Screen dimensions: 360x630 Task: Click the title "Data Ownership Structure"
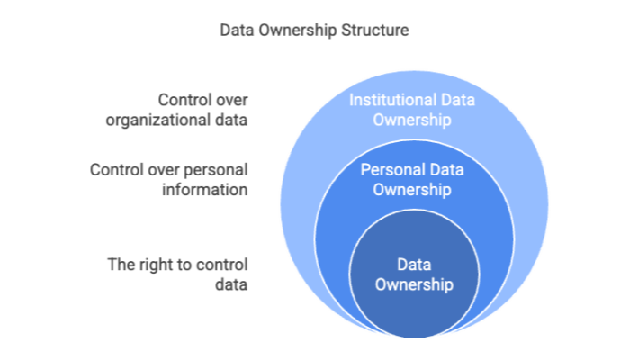pyautogui.click(x=314, y=30)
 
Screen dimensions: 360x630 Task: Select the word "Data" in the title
pyautogui.click(x=236, y=30)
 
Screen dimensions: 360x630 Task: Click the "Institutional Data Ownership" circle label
pyautogui.click(x=413, y=109)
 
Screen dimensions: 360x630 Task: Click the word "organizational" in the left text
pyautogui.click(x=189, y=120)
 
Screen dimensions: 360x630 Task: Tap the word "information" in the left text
pyautogui.click(x=205, y=189)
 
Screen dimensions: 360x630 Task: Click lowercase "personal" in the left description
pyautogui.click(x=217, y=169)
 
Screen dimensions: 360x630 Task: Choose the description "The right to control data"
pyautogui.click(x=177, y=274)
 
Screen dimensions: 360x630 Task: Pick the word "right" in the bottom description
pyautogui.click(x=155, y=265)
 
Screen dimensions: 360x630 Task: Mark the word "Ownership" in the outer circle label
pyautogui.click(x=413, y=119)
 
